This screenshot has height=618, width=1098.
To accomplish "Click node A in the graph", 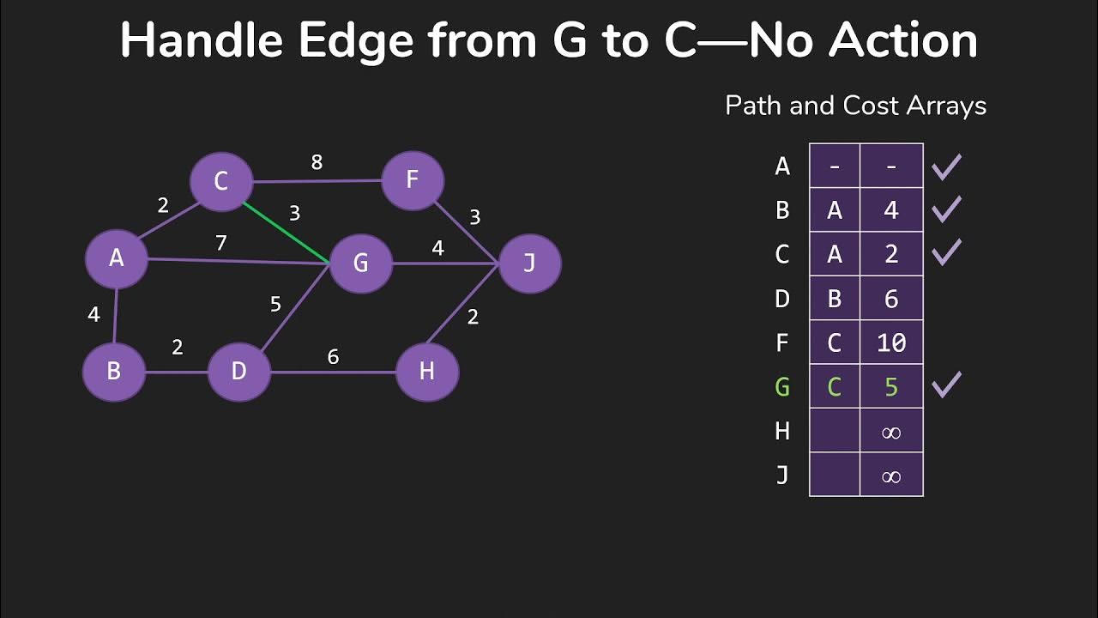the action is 117,258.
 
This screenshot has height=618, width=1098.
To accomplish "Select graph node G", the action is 361,263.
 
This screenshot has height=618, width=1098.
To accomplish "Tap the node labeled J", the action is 529,263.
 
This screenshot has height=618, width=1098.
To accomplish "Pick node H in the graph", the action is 427,371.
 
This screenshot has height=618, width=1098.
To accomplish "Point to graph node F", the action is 412,180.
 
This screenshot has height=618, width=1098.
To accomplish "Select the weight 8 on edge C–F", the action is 317,162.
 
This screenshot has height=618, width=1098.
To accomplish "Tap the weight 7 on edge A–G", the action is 221,243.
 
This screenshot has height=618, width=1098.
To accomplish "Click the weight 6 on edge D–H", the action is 333,356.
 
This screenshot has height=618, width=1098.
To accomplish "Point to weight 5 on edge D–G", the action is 275,304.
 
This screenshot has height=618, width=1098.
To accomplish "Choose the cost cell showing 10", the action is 891,342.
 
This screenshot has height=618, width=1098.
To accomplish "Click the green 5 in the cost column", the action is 891,387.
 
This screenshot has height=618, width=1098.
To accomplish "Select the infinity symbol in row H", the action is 891,432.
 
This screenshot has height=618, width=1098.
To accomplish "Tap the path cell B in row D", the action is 835,298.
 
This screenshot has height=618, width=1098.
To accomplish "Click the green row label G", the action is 782,387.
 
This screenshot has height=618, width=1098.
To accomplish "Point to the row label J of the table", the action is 782,476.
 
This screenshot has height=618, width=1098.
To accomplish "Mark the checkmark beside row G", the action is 946,385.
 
